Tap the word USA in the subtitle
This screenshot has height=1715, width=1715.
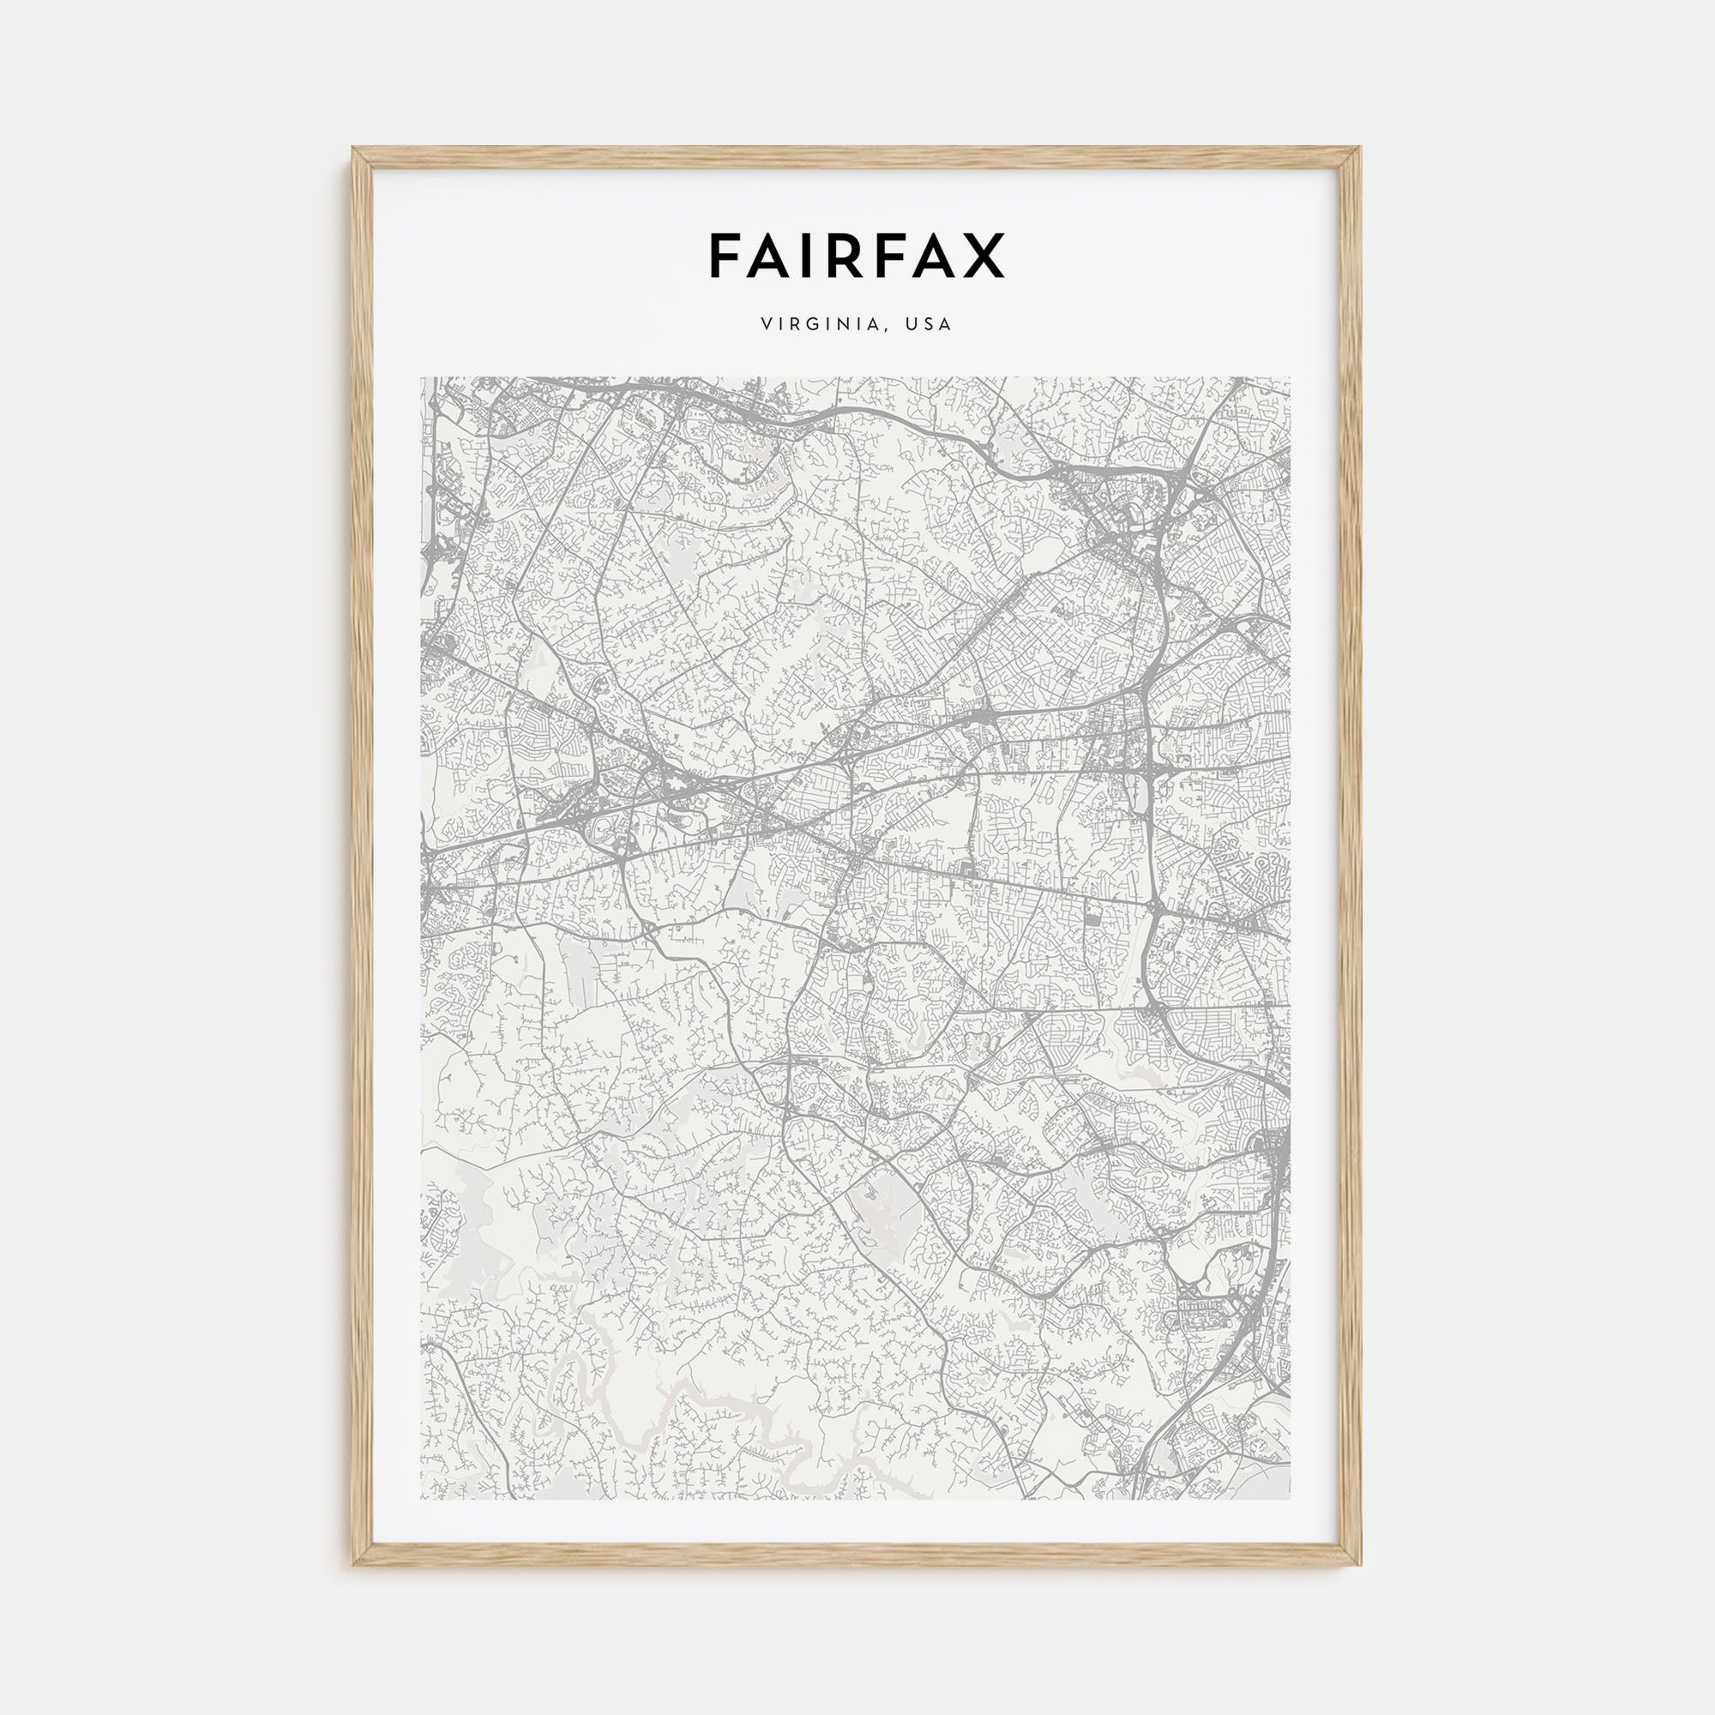(929, 325)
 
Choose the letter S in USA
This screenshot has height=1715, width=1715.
(929, 325)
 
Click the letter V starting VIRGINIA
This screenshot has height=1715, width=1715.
(765, 325)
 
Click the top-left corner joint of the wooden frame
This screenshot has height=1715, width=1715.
(359, 153)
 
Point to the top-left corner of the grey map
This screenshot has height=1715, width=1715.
(422, 378)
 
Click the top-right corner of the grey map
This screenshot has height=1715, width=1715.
(1290, 378)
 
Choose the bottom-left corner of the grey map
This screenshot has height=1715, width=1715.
(422, 1499)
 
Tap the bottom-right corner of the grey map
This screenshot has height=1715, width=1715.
(1290, 1499)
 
